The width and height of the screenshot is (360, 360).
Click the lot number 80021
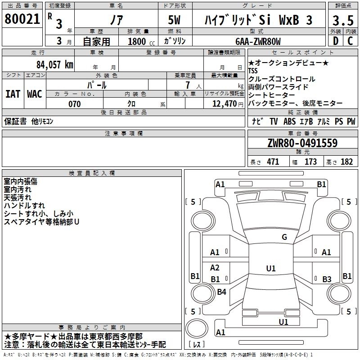pyautogui.click(x=22, y=19)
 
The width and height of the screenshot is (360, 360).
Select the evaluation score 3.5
pyautogui.click(x=342, y=20)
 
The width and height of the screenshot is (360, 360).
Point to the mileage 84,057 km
pyautogui.click(x=54, y=64)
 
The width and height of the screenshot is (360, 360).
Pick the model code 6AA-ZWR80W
pyautogui.click(x=258, y=41)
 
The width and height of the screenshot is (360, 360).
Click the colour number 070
pyautogui.click(x=74, y=104)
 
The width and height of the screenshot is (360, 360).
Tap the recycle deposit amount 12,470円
pyautogui.click(x=224, y=104)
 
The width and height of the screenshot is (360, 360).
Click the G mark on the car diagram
pyautogui.click(x=284, y=237)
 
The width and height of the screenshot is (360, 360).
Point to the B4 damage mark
pyautogui.click(x=221, y=292)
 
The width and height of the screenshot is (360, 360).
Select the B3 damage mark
pyautogui.click(x=327, y=279)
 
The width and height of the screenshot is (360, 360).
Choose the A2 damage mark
pyautogui.click(x=215, y=268)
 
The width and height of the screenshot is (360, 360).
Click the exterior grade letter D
pyautogui.click(x=335, y=41)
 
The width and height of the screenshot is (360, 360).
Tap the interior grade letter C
pyautogui.click(x=350, y=41)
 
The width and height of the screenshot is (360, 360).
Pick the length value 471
pyautogui.click(x=273, y=162)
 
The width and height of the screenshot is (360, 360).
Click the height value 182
pyautogui.click(x=346, y=162)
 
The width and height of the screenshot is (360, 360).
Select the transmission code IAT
pyautogui.click(x=12, y=94)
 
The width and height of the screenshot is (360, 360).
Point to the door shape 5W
pyautogui.click(x=175, y=20)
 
